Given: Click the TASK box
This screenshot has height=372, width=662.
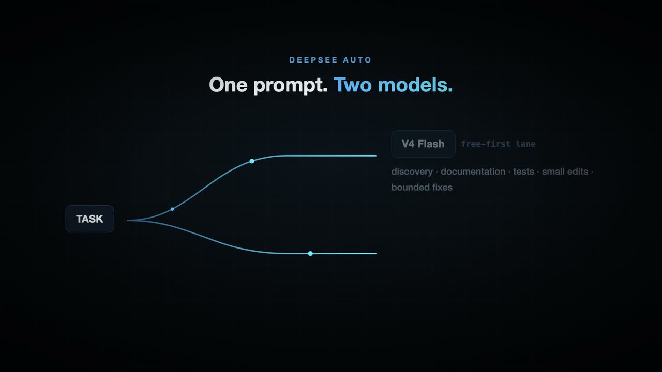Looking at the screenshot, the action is pyautogui.click(x=90, y=219).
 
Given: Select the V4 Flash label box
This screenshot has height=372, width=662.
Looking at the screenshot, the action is pyautogui.click(x=423, y=144).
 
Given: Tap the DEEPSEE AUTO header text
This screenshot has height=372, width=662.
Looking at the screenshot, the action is pyautogui.click(x=330, y=60).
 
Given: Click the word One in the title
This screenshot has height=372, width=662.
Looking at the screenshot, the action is pyautogui.click(x=228, y=85).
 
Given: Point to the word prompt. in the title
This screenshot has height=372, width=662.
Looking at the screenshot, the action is pyautogui.click(x=291, y=86).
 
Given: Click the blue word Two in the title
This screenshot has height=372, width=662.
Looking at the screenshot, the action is pyautogui.click(x=353, y=85).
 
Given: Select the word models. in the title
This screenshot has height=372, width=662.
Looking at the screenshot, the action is pyautogui.click(x=415, y=85).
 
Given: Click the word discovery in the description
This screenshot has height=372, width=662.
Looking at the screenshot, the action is pyautogui.click(x=412, y=172).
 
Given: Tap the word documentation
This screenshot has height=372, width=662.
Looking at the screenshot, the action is pyautogui.click(x=473, y=172).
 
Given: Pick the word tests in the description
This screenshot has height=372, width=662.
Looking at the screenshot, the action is pyautogui.click(x=524, y=172).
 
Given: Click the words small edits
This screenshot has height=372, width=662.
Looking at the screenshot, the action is pyautogui.click(x=565, y=172).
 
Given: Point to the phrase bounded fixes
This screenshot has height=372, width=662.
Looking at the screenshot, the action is pyautogui.click(x=422, y=188).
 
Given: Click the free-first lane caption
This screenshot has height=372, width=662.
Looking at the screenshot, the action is pyautogui.click(x=498, y=144).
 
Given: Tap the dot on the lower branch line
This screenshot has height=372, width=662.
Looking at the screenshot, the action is pyautogui.click(x=310, y=254).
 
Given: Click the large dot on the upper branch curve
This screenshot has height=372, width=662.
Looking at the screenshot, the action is pyautogui.click(x=252, y=161).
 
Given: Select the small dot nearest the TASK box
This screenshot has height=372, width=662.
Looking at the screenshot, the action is pyautogui.click(x=172, y=209).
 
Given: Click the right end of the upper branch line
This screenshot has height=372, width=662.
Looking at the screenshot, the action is pyautogui.click(x=376, y=156).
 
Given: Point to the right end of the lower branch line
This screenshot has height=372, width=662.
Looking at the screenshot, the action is pyautogui.click(x=376, y=254).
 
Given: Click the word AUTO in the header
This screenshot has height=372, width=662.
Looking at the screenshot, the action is pyautogui.click(x=357, y=60).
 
